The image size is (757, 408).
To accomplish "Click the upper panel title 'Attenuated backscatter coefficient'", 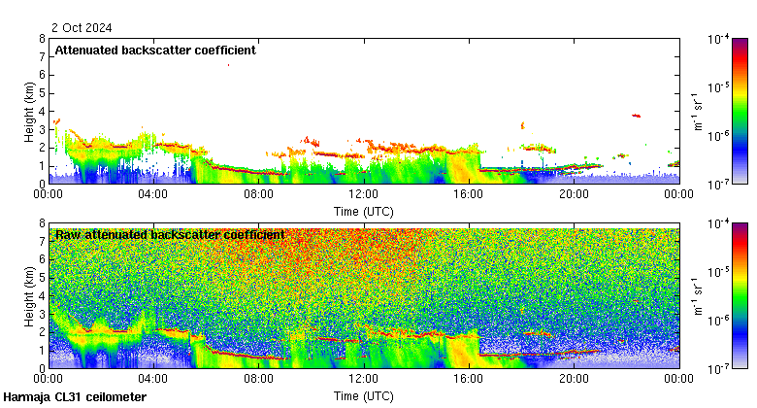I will pos(155,51).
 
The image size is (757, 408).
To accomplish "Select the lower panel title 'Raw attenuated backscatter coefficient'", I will pos(170,235).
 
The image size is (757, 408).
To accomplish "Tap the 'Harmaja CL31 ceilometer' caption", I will pos(75,397).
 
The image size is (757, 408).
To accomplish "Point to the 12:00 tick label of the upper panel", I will pos(363,193).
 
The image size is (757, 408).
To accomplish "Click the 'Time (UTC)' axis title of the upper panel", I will pos(363,210).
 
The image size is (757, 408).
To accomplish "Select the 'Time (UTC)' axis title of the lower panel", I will pos(363,395).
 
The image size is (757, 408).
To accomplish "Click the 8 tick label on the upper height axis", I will pos(42,40).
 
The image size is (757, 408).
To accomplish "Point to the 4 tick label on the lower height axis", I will pos(42,296).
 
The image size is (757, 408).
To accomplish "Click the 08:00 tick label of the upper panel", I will pos(258,193).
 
